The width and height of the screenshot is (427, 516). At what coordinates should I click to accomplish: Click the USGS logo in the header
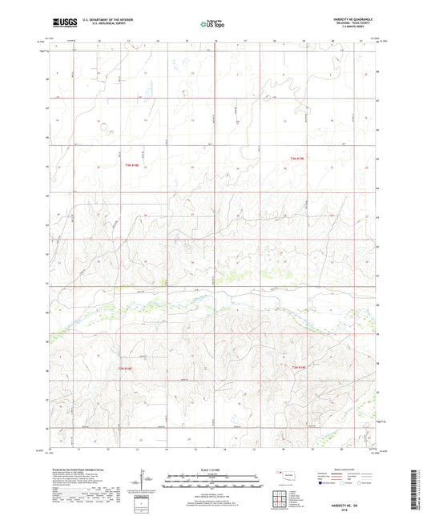tap(58, 23)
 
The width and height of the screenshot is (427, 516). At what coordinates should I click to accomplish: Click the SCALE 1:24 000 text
tap(214, 470)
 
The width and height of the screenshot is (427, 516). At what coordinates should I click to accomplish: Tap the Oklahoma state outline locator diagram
tap(287, 475)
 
